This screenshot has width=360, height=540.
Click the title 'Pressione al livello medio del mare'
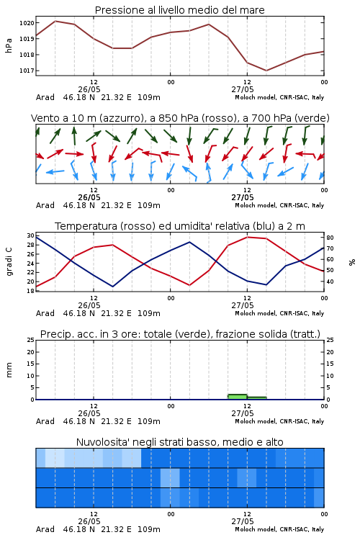[x=179, y=10]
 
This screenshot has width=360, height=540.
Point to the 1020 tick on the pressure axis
[x=27, y=23]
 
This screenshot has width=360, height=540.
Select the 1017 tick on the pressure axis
[x=27, y=71]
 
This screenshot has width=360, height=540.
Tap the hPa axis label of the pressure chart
[x=9, y=45]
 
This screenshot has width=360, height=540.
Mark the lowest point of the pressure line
[x=266, y=71]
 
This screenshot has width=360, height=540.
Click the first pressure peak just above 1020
[x=55, y=21]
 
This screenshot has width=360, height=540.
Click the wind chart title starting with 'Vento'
[x=180, y=118]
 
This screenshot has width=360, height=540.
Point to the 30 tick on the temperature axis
[x=31, y=235]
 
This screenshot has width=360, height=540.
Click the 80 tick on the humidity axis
[x=330, y=238]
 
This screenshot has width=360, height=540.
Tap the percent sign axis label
[x=352, y=262]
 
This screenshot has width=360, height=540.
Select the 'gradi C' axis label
[x=9, y=262]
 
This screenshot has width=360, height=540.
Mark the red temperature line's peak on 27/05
[x=248, y=237]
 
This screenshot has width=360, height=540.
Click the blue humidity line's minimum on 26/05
[x=112, y=287]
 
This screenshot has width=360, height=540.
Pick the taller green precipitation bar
[x=238, y=397]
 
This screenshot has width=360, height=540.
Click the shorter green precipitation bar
[x=257, y=398]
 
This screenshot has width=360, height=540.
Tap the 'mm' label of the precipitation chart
[x=9, y=369]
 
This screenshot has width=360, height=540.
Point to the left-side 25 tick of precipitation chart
[x=31, y=340]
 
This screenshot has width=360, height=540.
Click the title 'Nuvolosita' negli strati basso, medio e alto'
[x=179, y=442]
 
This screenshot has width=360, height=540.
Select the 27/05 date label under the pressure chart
[x=243, y=89]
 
